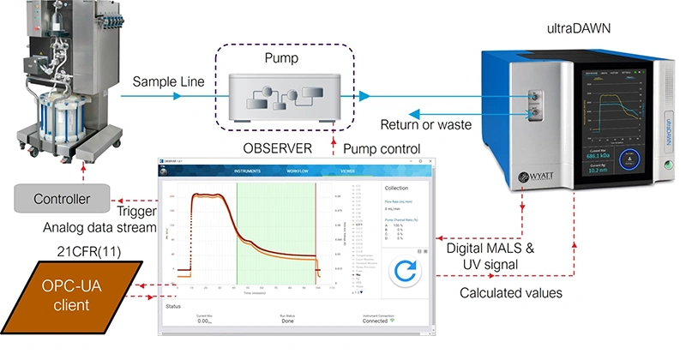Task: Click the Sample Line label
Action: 167,84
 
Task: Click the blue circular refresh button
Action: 401,272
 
